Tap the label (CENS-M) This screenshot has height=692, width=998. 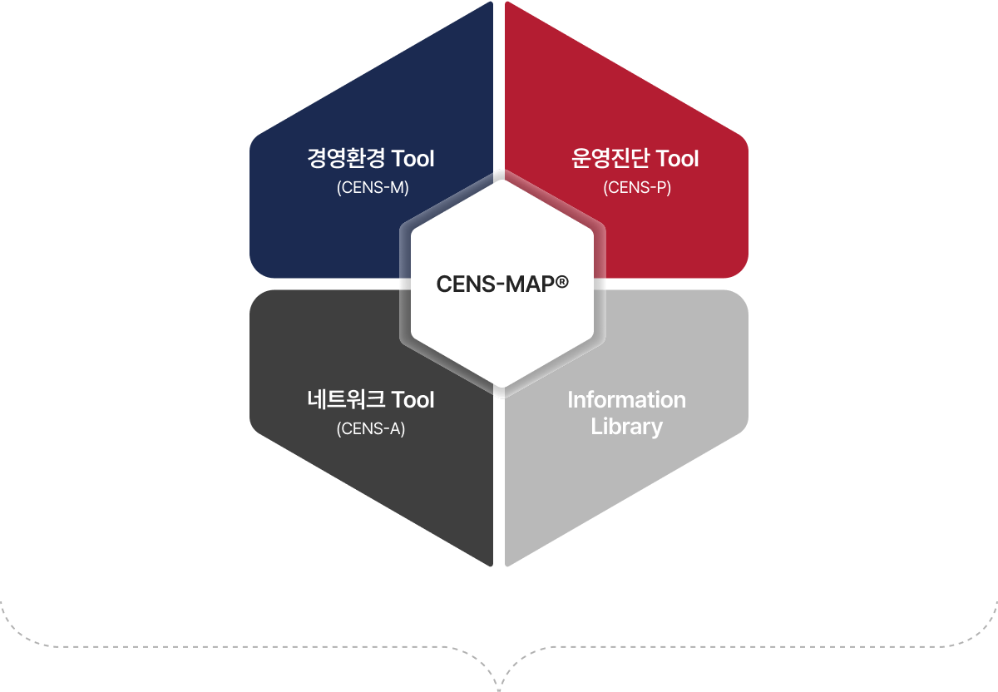pyautogui.click(x=373, y=188)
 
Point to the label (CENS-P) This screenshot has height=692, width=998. pyautogui.click(x=637, y=188)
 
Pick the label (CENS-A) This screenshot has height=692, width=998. pyautogui.click(x=371, y=428)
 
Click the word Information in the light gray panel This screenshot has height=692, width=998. pyautogui.click(x=626, y=400)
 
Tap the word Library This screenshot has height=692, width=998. pyautogui.click(x=626, y=427)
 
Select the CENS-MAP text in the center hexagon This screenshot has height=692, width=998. pyautogui.click(x=496, y=284)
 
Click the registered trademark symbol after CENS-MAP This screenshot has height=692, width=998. pyautogui.click(x=562, y=282)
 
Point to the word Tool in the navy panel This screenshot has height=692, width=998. pyautogui.click(x=413, y=159)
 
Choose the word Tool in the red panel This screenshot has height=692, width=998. pyautogui.click(x=677, y=159)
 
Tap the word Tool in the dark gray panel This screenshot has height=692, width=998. pyautogui.click(x=413, y=400)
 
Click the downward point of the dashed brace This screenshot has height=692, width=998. pyautogui.click(x=499, y=690)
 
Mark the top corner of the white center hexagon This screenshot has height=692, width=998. pyautogui.click(x=502, y=180)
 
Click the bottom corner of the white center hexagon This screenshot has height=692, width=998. pyautogui.click(x=502, y=388)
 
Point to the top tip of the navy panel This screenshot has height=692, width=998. pyautogui.click(x=491, y=2)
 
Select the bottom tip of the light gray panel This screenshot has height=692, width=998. pyautogui.click(x=507, y=565)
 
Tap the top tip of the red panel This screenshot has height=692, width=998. pyautogui.click(x=507, y=2)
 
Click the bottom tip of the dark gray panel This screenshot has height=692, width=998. pyautogui.click(x=491, y=565)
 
